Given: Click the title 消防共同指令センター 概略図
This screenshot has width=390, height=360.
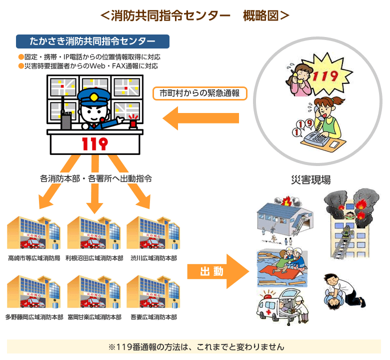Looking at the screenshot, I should [x=194, y=15].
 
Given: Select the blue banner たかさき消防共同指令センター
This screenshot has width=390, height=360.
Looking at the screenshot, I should [x=92, y=41].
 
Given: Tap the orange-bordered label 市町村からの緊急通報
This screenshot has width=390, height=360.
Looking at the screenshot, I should [x=199, y=93].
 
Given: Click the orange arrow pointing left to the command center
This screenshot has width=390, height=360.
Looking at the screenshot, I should [x=200, y=118].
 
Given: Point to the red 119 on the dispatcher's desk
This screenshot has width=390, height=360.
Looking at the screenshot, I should [x=94, y=144].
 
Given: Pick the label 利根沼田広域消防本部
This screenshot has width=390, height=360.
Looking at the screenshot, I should [x=94, y=258].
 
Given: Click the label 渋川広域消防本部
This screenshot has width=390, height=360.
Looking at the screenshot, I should [x=153, y=258].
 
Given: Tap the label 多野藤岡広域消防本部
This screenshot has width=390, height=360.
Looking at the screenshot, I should [x=34, y=317].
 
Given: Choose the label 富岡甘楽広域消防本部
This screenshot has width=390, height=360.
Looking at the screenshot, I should [x=94, y=317].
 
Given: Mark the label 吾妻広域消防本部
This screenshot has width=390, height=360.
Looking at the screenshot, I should [x=153, y=317].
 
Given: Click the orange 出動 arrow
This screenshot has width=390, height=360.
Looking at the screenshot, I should [x=217, y=271].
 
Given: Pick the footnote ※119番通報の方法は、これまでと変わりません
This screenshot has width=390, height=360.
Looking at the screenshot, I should [x=195, y=346].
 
